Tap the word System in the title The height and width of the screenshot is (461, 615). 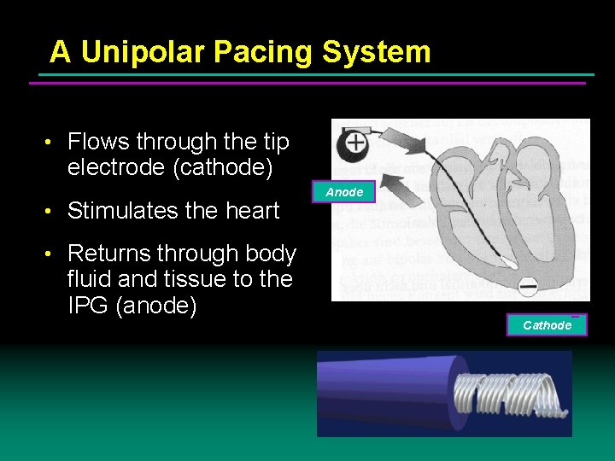(x=376, y=53)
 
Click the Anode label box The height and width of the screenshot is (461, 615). (x=345, y=193)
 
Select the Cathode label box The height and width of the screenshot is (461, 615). (x=547, y=325)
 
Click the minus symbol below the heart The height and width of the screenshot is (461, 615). (x=529, y=286)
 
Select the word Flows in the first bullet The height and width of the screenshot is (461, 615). (x=98, y=142)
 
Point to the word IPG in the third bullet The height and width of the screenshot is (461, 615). (x=86, y=306)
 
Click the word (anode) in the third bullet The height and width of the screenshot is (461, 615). (x=155, y=306)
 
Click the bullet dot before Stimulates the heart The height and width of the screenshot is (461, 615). (x=53, y=211)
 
